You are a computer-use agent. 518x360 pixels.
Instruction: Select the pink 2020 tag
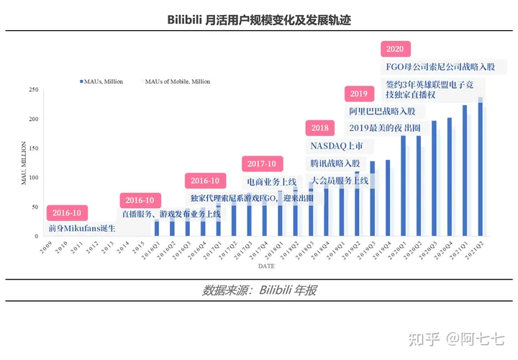(x=394, y=50)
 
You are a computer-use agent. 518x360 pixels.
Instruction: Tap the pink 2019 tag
(x=358, y=94)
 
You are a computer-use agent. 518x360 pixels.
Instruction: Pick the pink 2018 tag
(x=319, y=128)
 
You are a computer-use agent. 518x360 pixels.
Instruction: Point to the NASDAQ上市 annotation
(x=337, y=145)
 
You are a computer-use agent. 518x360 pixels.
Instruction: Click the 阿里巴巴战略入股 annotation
(x=382, y=112)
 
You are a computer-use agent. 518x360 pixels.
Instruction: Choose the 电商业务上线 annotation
(x=271, y=181)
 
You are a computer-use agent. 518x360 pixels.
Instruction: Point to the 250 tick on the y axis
(x=33, y=90)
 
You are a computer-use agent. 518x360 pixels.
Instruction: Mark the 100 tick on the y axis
(x=33, y=177)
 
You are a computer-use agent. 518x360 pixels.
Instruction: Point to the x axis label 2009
(x=45, y=248)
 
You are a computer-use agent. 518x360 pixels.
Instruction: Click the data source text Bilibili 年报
(x=260, y=290)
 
